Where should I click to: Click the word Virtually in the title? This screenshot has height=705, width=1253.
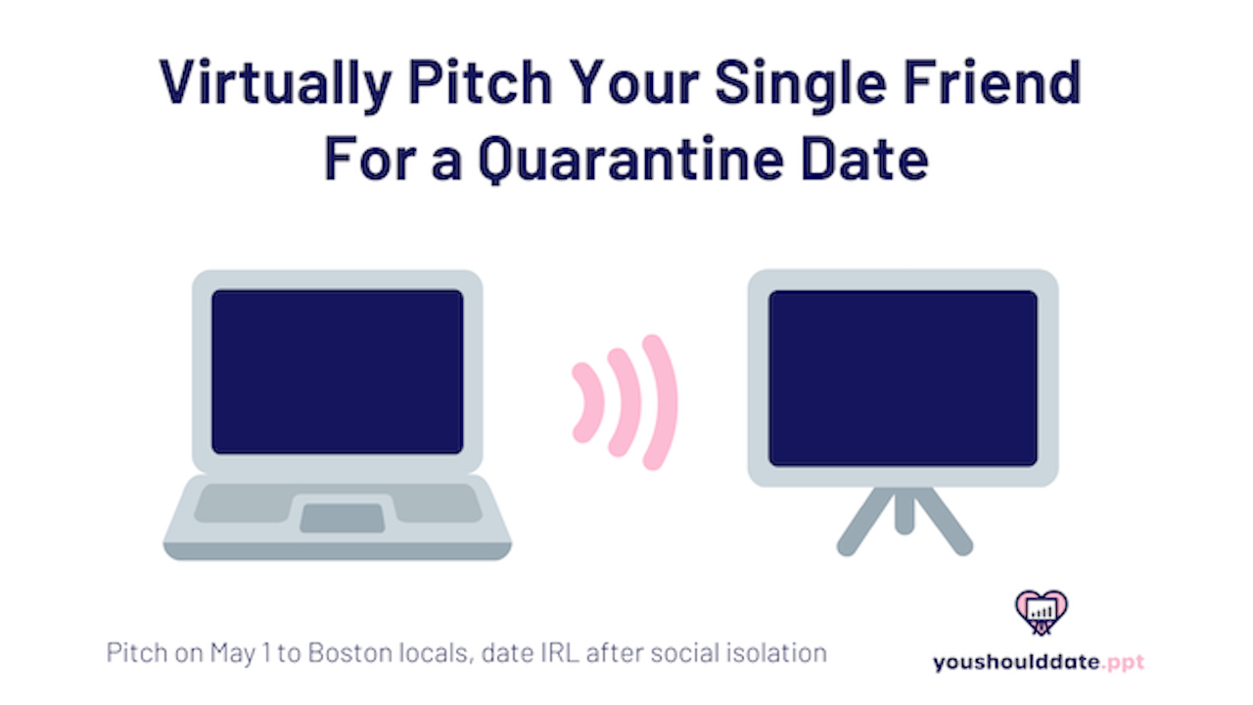275,84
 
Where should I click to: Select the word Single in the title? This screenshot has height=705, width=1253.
801,84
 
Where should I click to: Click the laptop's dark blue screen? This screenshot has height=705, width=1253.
338,371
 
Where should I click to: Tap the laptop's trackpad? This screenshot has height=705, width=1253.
343,518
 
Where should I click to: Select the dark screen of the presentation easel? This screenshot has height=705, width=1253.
903,378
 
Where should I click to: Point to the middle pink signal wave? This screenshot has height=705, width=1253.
631,402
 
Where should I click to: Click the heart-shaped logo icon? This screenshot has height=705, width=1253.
1041,613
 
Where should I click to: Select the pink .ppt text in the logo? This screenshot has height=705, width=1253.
1123,663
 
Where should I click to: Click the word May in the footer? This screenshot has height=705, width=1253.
233,653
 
